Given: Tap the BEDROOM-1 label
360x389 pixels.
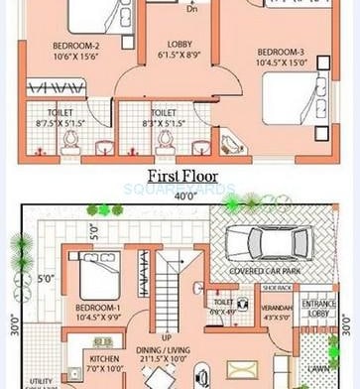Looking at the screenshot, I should (x=98, y=308).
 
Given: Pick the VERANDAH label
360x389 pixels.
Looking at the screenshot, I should (x=277, y=309).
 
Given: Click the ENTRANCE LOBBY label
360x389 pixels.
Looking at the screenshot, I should (x=319, y=308).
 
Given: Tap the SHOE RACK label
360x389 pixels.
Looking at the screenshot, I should (x=277, y=288).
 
